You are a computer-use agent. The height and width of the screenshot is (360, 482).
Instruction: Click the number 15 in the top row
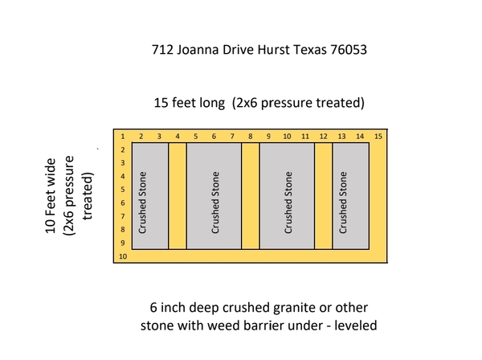(x=378, y=136)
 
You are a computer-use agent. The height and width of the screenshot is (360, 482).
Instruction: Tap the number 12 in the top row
(x=324, y=136)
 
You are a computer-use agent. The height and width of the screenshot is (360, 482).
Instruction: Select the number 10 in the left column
(x=123, y=256)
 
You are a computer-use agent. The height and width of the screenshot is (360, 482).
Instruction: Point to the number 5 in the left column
(x=123, y=190)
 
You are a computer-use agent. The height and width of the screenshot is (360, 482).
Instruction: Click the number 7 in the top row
(x=232, y=136)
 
